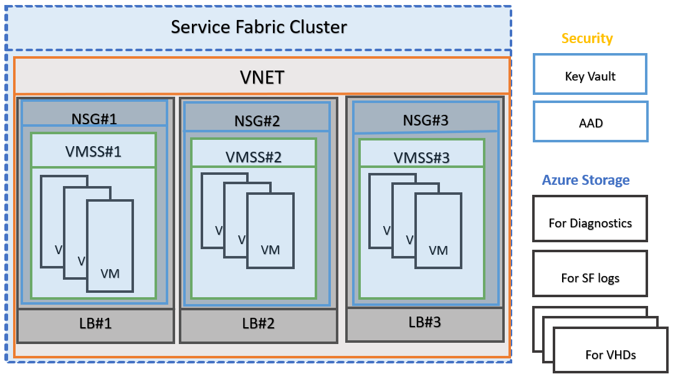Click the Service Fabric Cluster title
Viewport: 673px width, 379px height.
tap(259, 27)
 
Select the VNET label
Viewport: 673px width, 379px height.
tap(262, 77)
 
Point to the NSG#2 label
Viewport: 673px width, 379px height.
tap(257, 120)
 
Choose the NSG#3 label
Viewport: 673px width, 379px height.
tap(426, 119)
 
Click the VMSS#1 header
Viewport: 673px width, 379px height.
tap(93, 151)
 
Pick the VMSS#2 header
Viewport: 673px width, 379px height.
tap(254, 156)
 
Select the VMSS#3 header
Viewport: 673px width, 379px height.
tap(422, 157)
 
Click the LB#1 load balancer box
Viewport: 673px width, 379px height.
tap(95, 325)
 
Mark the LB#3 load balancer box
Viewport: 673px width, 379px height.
tap(424, 323)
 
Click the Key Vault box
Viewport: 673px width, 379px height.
tap(589, 77)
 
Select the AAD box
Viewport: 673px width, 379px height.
tap(590, 123)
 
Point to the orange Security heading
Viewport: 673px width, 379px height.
tap(587, 39)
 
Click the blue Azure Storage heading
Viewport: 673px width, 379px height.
tap(586, 180)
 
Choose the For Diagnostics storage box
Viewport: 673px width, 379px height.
tap(589, 223)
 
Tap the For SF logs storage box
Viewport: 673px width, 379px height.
tap(589, 278)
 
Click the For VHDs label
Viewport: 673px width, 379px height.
tap(611, 355)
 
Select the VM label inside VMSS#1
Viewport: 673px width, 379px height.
tap(110, 273)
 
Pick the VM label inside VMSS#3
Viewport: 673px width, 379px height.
tap(439, 250)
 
